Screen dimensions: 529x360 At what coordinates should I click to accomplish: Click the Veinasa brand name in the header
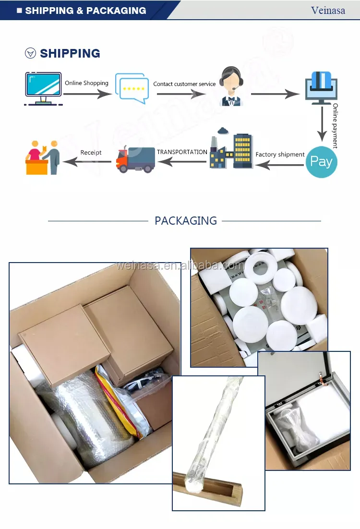[x=328, y=10]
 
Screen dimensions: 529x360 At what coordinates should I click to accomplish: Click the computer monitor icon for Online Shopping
[x=43, y=88]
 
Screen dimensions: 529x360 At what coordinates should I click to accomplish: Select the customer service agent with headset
[x=231, y=87]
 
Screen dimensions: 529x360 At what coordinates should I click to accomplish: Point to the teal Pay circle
[x=321, y=161]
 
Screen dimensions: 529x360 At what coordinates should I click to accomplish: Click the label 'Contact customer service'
[x=184, y=84]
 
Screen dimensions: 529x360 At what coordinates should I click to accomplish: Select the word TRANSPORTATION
[x=182, y=152]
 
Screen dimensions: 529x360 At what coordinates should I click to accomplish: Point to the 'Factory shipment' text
[x=280, y=155]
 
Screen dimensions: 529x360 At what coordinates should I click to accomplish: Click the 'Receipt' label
[x=91, y=153]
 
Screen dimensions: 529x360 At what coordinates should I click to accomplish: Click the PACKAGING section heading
[x=186, y=221]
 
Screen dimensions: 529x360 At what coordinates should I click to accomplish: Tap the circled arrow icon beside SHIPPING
[x=30, y=53]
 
